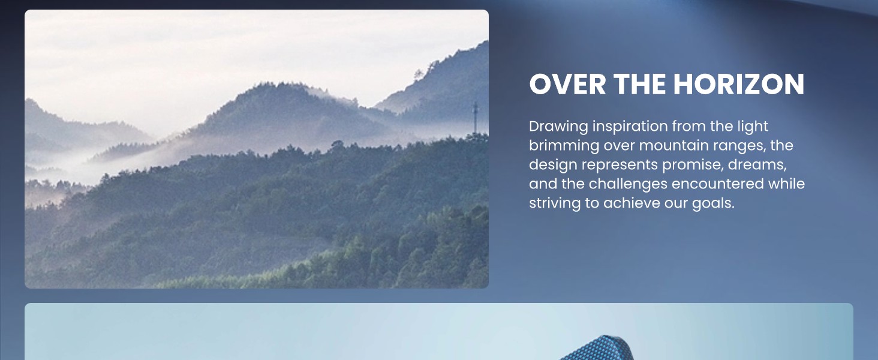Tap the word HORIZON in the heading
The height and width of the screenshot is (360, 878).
pos(739,85)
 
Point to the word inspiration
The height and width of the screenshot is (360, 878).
pos(630,127)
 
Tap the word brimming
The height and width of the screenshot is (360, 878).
pos(564,146)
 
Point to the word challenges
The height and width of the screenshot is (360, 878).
pos(628,185)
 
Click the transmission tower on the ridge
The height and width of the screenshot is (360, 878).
pos(476,118)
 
